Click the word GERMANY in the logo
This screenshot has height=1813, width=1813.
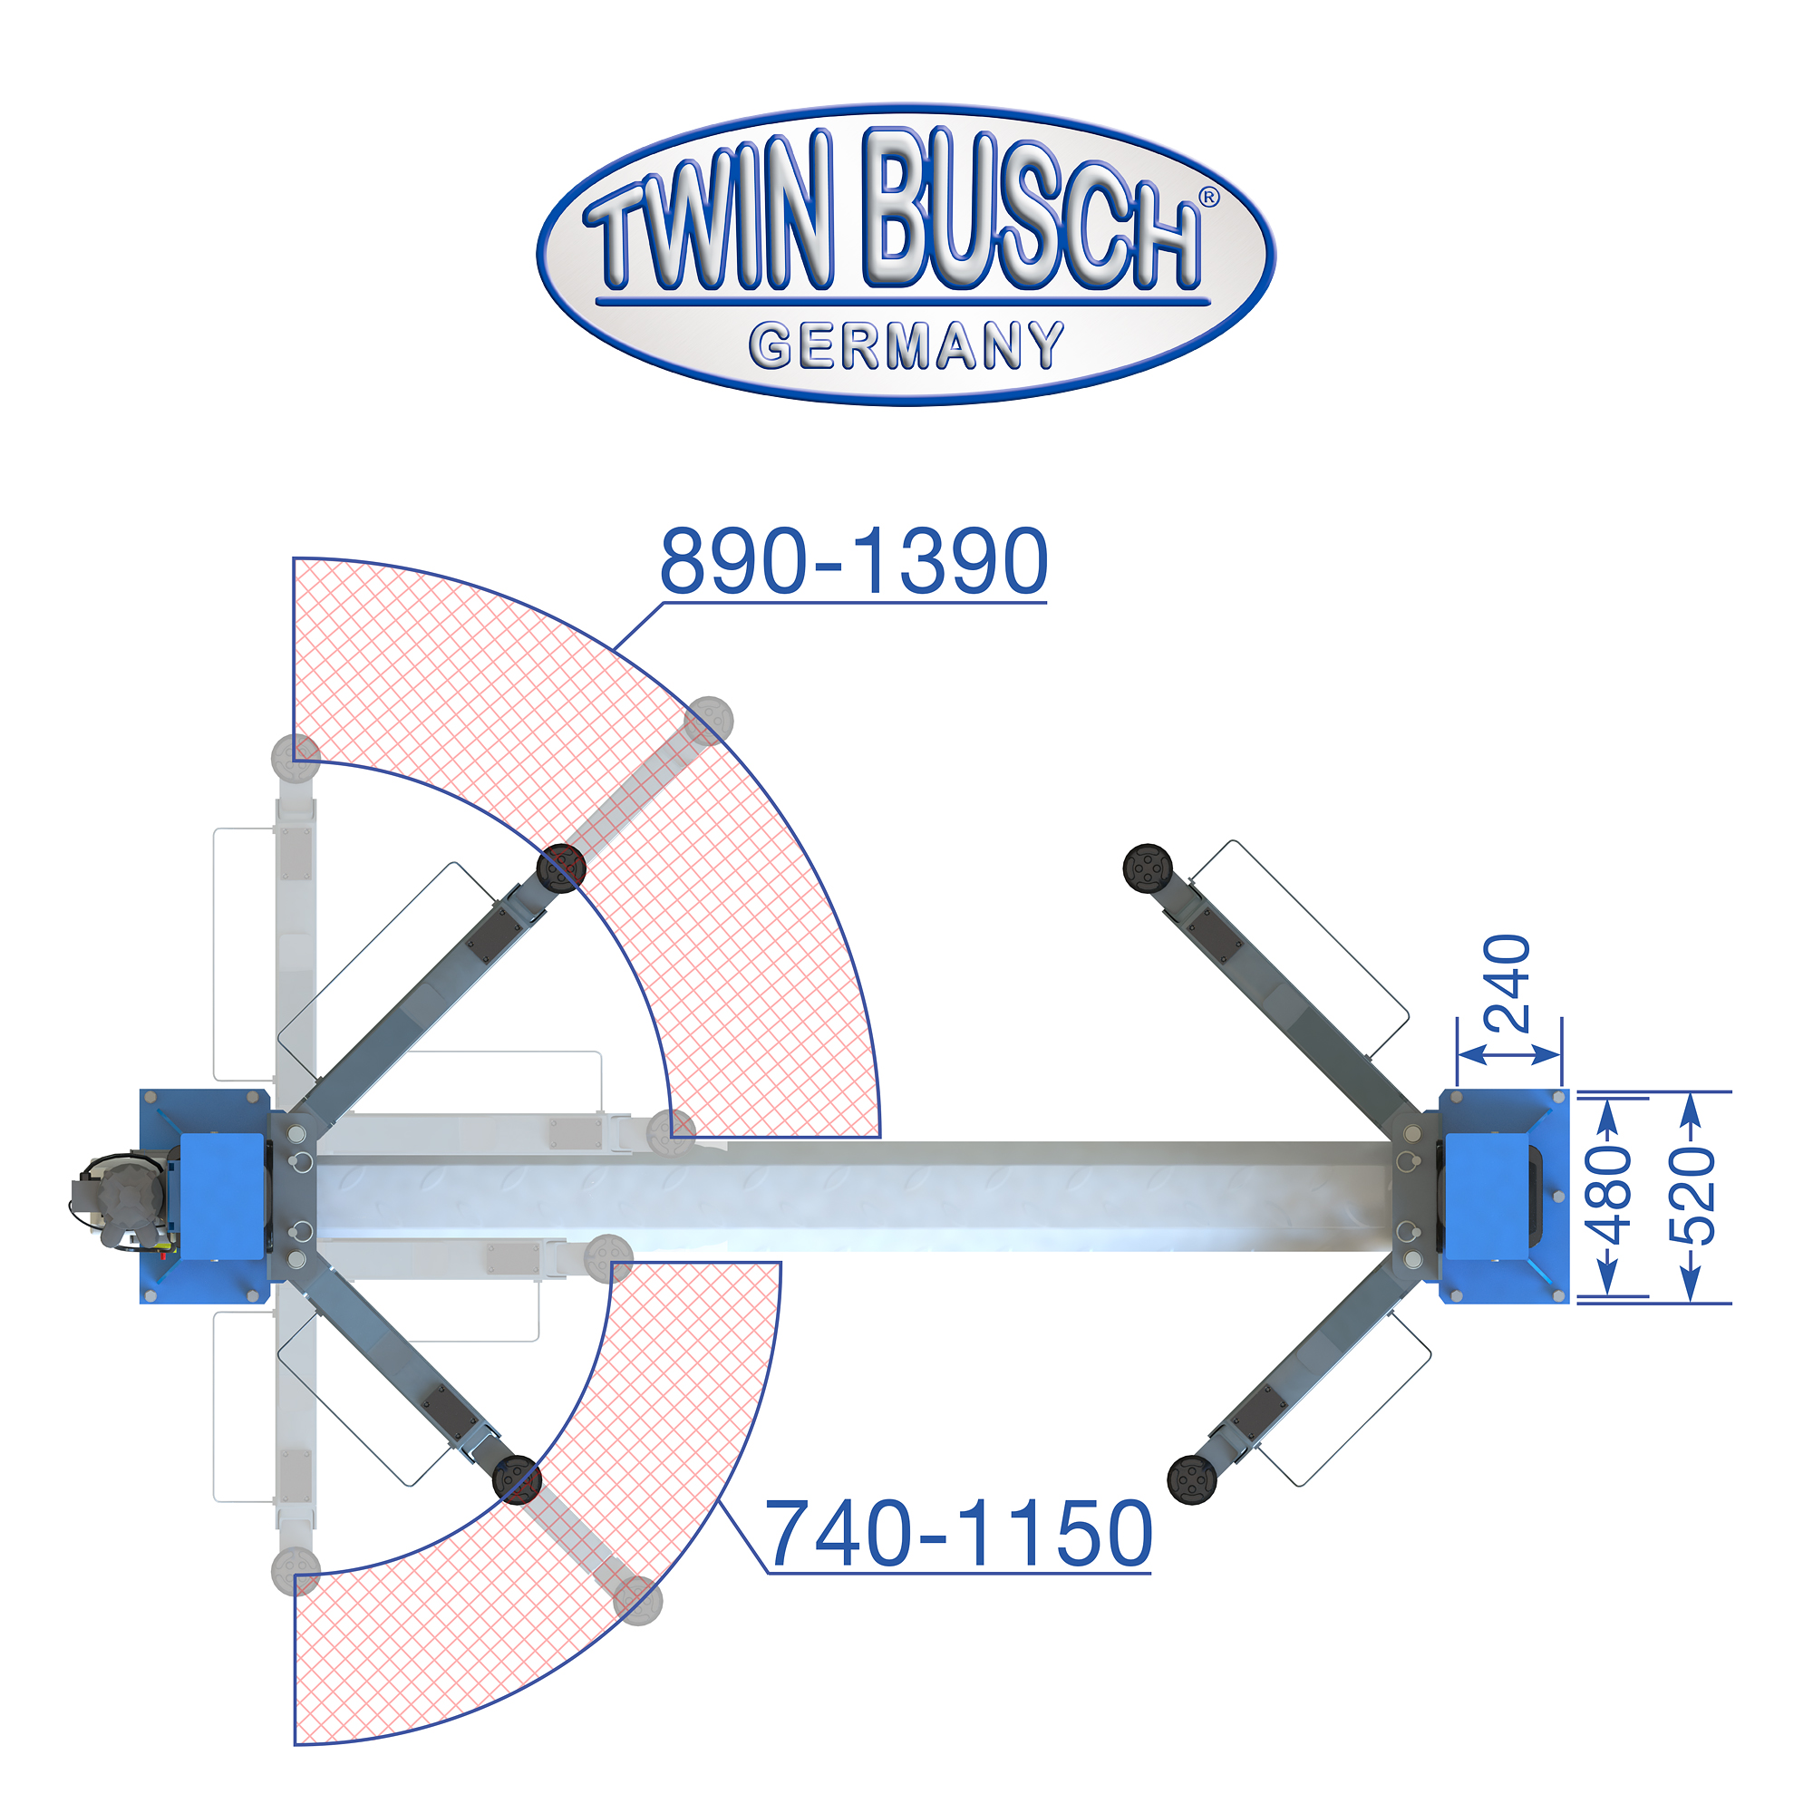pos(906,345)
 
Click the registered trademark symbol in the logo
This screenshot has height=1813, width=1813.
pos(1208,197)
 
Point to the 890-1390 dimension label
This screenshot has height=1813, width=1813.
pos(853,561)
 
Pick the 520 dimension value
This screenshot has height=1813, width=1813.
pos(1692,1196)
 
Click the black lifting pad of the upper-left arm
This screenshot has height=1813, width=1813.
pos(561,868)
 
